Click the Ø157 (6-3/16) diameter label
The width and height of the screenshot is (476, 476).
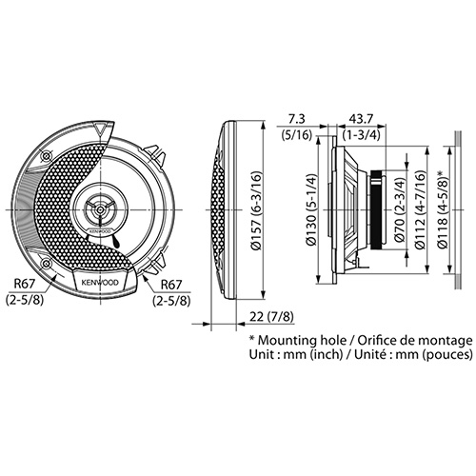click(257, 210)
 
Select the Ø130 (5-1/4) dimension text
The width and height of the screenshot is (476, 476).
click(312, 209)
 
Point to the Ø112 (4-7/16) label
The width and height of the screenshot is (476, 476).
click(421, 209)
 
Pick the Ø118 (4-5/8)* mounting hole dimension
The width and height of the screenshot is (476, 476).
click(442, 209)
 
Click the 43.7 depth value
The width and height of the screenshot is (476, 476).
click(361, 119)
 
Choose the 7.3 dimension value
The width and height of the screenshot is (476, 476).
click(296, 119)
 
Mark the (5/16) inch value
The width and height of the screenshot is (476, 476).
click(297, 135)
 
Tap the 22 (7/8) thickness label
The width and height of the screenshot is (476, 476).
click(271, 317)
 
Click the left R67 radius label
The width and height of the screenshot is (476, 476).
click(24, 284)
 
